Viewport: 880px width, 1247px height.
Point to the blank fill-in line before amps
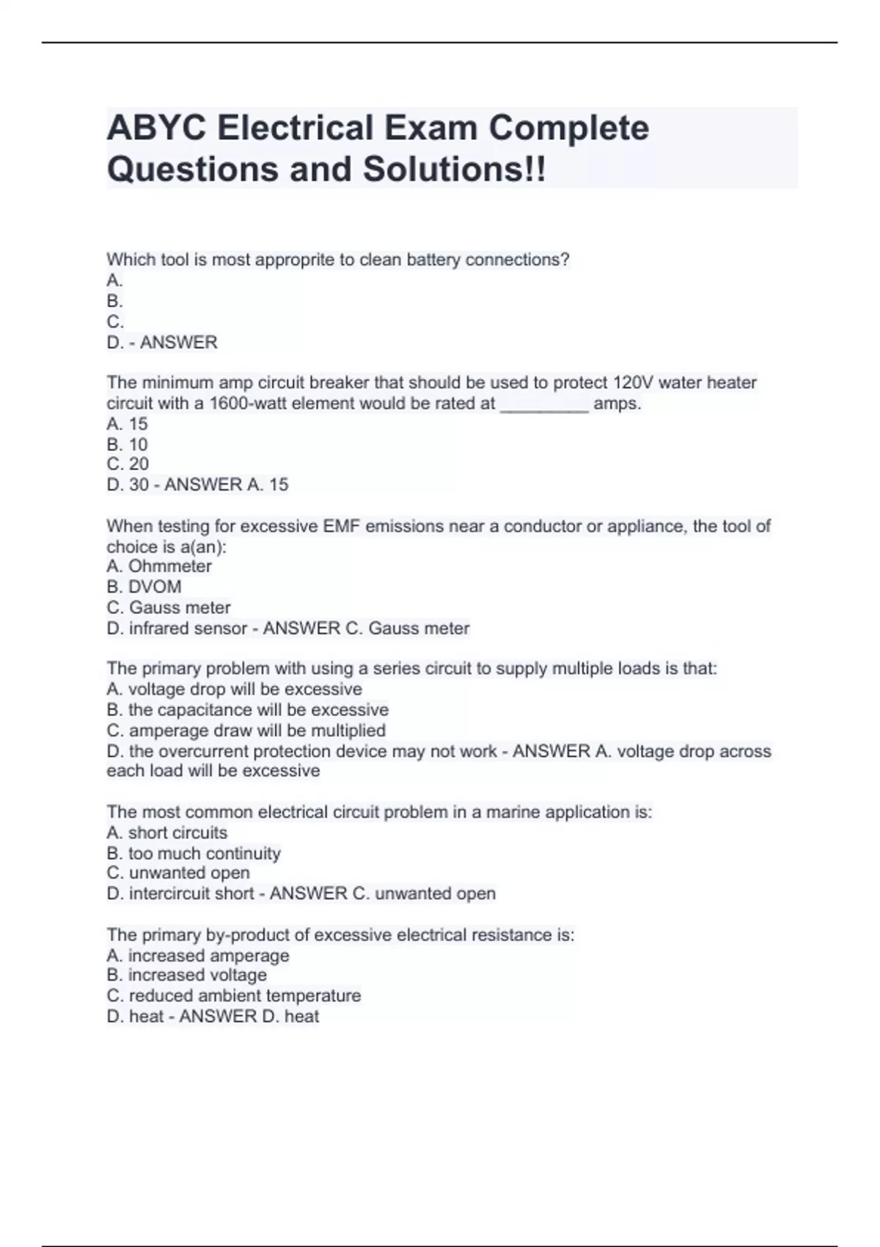(x=544, y=406)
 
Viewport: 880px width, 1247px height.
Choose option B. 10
(x=127, y=445)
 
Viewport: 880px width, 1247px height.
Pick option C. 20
(x=128, y=464)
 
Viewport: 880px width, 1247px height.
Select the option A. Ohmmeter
(x=159, y=566)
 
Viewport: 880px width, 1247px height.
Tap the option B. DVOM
(x=144, y=587)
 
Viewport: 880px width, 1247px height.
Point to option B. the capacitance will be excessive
(x=247, y=710)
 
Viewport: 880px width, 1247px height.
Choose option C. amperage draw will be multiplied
(x=246, y=731)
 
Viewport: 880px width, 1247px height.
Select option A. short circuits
(x=166, y=833)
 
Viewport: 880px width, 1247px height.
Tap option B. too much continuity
(x=194, y=854)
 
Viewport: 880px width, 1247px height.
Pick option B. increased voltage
(x=186, y=975)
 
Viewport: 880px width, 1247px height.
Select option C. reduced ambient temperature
(x=233, y=995)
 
